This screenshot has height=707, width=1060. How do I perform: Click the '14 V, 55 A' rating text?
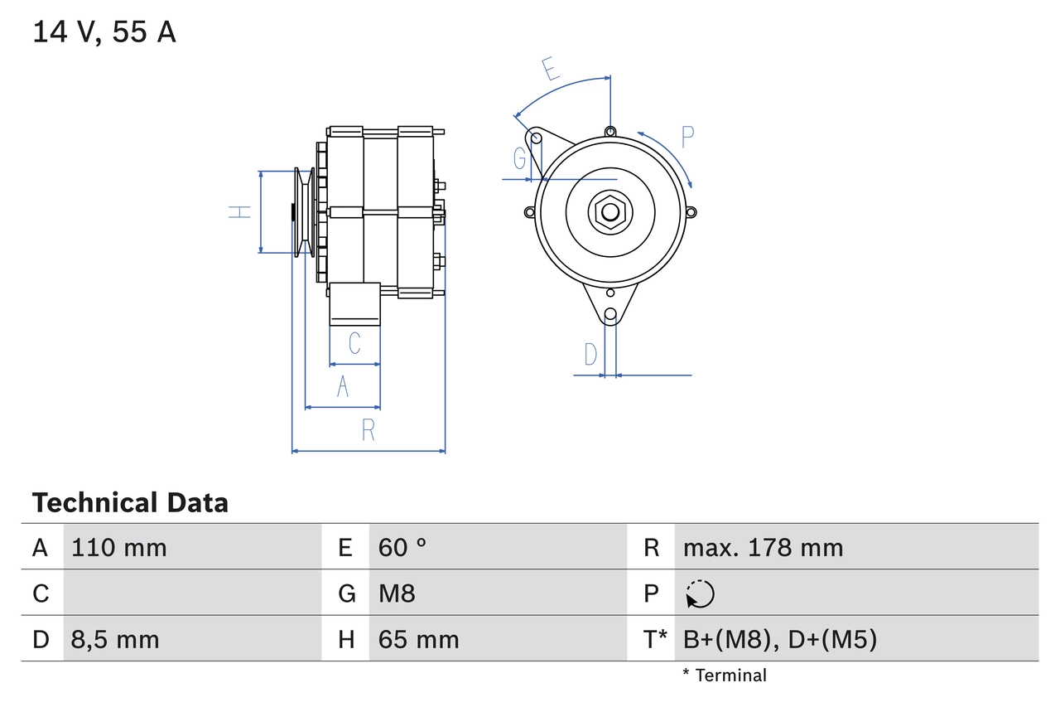(x=104, y=32)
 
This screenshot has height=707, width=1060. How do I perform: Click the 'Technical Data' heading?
(x=130, y=502)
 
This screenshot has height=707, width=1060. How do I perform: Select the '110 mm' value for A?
(x=119, y=547)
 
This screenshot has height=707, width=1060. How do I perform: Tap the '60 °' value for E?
(x=402, y=547)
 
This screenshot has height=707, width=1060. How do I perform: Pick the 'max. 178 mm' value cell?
(x=763, y=547)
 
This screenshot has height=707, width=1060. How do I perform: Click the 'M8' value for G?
(x=397, y=593)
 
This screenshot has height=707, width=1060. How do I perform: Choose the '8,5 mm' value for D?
(x=115, y=639)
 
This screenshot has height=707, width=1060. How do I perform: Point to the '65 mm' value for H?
(x=418, y=639)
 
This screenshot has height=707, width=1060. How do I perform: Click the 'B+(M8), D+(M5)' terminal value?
(x=779, y=639)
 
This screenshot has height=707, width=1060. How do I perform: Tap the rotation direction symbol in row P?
(x=700, y=594)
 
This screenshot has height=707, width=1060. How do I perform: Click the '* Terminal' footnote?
(x=725, y=676)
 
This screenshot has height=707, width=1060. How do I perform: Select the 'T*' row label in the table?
(x=655, y=639)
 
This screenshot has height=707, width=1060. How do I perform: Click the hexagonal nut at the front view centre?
(x=610, y=211)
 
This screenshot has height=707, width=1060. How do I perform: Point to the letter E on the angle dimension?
(x=551, y=69)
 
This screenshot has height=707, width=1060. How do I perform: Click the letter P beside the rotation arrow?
(x=687, y=137)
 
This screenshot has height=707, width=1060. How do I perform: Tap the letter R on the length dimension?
(x=369, y=430)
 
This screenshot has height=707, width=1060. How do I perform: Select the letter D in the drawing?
(x=590, y=354)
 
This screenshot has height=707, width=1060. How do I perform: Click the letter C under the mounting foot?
(x=354, y=342)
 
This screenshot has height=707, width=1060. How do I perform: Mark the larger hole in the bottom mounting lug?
(x=610, y=314)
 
